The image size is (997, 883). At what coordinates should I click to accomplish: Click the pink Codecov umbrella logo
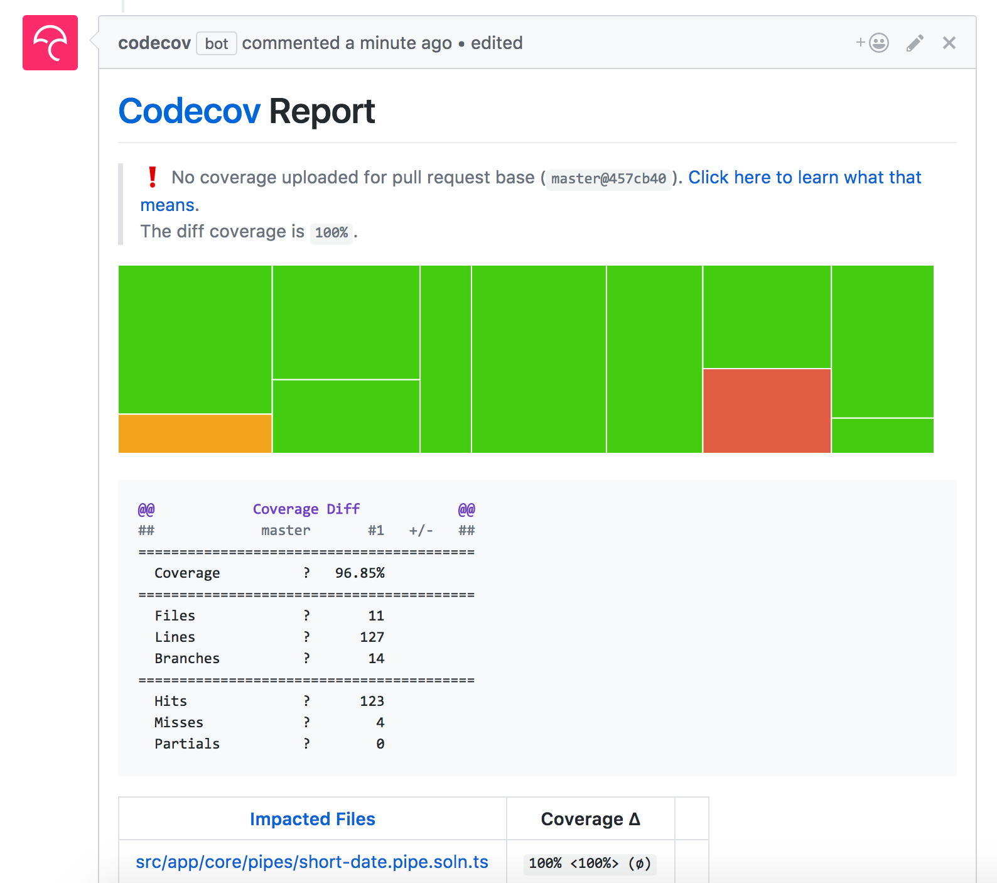click(50, 43)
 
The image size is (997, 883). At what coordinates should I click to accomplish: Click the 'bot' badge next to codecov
click(216, 43)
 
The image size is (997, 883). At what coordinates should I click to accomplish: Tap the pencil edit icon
click(915, 43)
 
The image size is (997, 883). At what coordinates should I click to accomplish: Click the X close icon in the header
click(949, 43)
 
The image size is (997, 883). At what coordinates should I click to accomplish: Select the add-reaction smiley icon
click(878, 43)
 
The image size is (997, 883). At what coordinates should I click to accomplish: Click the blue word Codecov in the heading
click(189, 112)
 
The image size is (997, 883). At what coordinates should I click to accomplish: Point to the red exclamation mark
click(152, 177)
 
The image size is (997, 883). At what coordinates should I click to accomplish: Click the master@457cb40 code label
click(608, 178)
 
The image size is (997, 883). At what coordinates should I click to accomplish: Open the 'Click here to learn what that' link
click(804, 177)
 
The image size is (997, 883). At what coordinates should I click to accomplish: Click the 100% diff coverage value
click(331, 233)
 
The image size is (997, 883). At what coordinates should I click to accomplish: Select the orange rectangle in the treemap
click(195, 433)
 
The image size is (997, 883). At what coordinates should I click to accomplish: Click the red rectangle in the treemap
click(767, 410)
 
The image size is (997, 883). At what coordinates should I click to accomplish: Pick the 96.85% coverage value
click(359, 573)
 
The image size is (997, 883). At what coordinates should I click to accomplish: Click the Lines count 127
click(372, 637)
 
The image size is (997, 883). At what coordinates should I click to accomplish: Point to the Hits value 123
click(372, 701)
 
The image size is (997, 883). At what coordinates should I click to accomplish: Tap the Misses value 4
click(380, 722)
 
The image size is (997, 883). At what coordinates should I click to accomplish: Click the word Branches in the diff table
click(187, 658)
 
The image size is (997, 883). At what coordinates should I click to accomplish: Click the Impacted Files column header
click(312, 819)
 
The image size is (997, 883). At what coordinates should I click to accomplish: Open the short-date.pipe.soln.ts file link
click(311, 862)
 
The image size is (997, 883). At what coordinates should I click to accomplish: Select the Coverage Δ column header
click(590, 819)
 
